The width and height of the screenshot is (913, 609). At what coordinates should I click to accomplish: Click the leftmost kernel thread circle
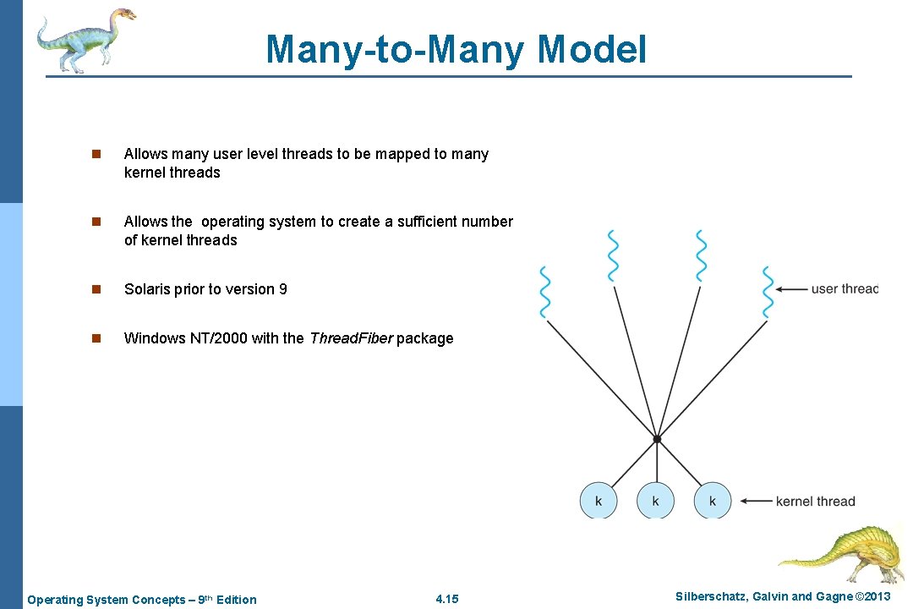[x=599, y=501]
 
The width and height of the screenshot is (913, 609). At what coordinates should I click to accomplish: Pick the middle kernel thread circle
[x=656, y=501]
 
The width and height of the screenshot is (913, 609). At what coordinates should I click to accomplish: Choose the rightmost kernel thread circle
[x=713, y=501]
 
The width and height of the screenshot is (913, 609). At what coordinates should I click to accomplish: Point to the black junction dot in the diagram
[x=657, y=438]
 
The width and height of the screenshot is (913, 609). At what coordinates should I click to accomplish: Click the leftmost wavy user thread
[x=545, y=293]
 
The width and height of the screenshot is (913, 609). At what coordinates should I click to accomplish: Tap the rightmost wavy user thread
[x=768, y=293]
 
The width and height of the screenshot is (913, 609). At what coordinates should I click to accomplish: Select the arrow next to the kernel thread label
[x=754, y=501]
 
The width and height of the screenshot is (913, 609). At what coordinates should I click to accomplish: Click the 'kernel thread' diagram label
[x=815, y=501]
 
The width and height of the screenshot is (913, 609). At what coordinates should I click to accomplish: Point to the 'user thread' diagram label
[x=844, y=289]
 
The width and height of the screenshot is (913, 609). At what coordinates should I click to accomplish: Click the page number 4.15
[x=447, y=600]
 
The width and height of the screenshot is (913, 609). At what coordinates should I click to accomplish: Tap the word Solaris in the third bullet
[x=146, y=289]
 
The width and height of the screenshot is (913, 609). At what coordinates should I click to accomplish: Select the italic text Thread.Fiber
[x=351, y=338]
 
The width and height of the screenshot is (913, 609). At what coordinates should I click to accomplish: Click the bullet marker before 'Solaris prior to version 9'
[x=96, y=289]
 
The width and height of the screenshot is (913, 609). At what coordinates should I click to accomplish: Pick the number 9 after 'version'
[x=282, y=289]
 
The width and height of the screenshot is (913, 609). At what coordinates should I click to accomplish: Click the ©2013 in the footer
[x=872, y=596]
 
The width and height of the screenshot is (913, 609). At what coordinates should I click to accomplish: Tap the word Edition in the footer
[x=237, y=600]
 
